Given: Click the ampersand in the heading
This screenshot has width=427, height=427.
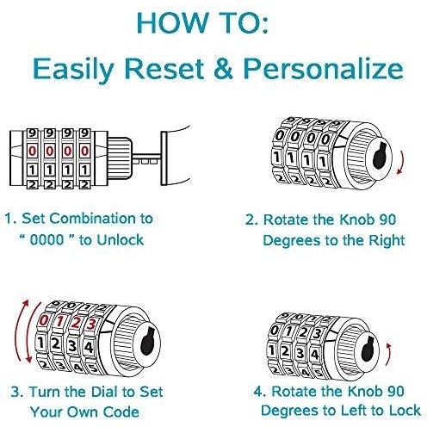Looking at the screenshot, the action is pos(223,68).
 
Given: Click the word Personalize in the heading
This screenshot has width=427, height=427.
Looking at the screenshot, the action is pos(324,69).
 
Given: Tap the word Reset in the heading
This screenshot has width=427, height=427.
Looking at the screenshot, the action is pos(164,69).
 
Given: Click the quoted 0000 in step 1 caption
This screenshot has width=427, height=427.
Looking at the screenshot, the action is pos(46,239).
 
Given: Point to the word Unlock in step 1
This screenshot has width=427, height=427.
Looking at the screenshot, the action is pos(120,239).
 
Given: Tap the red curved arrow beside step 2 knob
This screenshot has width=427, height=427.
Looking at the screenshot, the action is pos(401,162).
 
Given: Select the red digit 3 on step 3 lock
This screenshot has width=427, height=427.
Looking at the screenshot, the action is pos(91,325).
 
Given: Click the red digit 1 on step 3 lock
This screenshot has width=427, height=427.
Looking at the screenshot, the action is pos(59,321).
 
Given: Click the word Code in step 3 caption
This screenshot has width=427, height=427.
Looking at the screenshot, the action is pos(121,412).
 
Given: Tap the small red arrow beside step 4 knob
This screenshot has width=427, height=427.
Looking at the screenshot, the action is pos(388,354).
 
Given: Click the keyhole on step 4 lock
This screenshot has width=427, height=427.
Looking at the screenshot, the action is pos(368,349).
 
